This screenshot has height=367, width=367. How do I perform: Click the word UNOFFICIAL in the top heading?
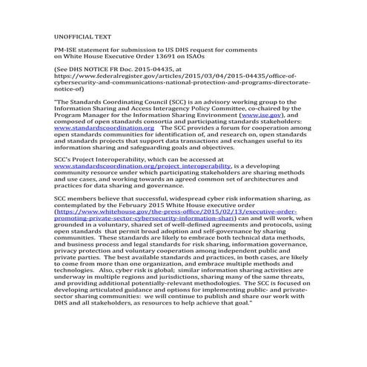coord(71,35)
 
